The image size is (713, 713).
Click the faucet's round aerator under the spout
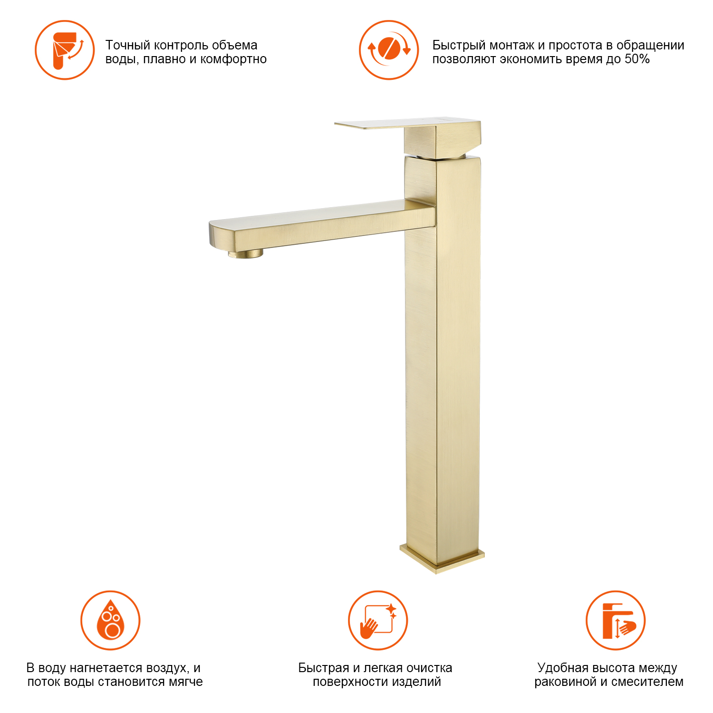245,254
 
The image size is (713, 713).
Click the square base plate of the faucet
442,559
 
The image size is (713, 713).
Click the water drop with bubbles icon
110,620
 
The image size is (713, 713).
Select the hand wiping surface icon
378,620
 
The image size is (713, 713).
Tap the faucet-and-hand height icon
616,620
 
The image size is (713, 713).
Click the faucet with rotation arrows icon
65,50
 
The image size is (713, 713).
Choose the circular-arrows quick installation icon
389,50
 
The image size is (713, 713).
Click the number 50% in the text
637,59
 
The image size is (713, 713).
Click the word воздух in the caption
168,668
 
